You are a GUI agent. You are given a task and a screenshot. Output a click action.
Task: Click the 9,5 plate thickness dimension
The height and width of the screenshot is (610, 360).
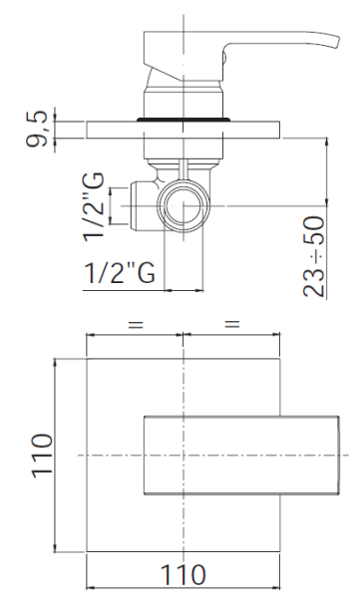click(37, 129)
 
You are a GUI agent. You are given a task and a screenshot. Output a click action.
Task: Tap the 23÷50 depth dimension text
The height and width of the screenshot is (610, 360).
click(314, 256)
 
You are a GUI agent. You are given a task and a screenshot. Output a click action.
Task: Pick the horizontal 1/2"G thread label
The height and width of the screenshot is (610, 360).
click(120, 273)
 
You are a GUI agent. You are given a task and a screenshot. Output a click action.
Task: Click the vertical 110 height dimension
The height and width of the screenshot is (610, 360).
click(42, 455)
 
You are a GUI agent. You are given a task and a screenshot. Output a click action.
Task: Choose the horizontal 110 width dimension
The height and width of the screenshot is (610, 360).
click(182, 574)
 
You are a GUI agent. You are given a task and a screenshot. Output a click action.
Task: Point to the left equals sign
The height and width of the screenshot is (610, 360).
click(136, 324)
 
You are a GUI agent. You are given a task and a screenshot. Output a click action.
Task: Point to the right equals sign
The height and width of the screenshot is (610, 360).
click(232, 324)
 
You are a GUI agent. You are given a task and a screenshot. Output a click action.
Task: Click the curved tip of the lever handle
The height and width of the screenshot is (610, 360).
click(335, 42)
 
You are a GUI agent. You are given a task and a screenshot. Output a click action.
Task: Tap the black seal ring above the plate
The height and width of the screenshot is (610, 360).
click(183, 119)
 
